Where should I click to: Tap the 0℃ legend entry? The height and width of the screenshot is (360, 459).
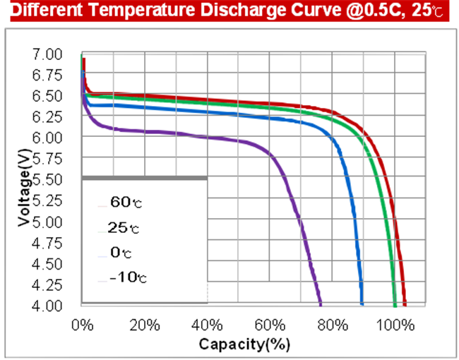point(121,252)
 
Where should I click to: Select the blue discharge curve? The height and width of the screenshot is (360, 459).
point(212,112)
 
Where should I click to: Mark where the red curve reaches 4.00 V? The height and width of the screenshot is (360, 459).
point(405,304)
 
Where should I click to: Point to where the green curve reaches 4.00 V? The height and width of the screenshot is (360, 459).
point(395,304)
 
